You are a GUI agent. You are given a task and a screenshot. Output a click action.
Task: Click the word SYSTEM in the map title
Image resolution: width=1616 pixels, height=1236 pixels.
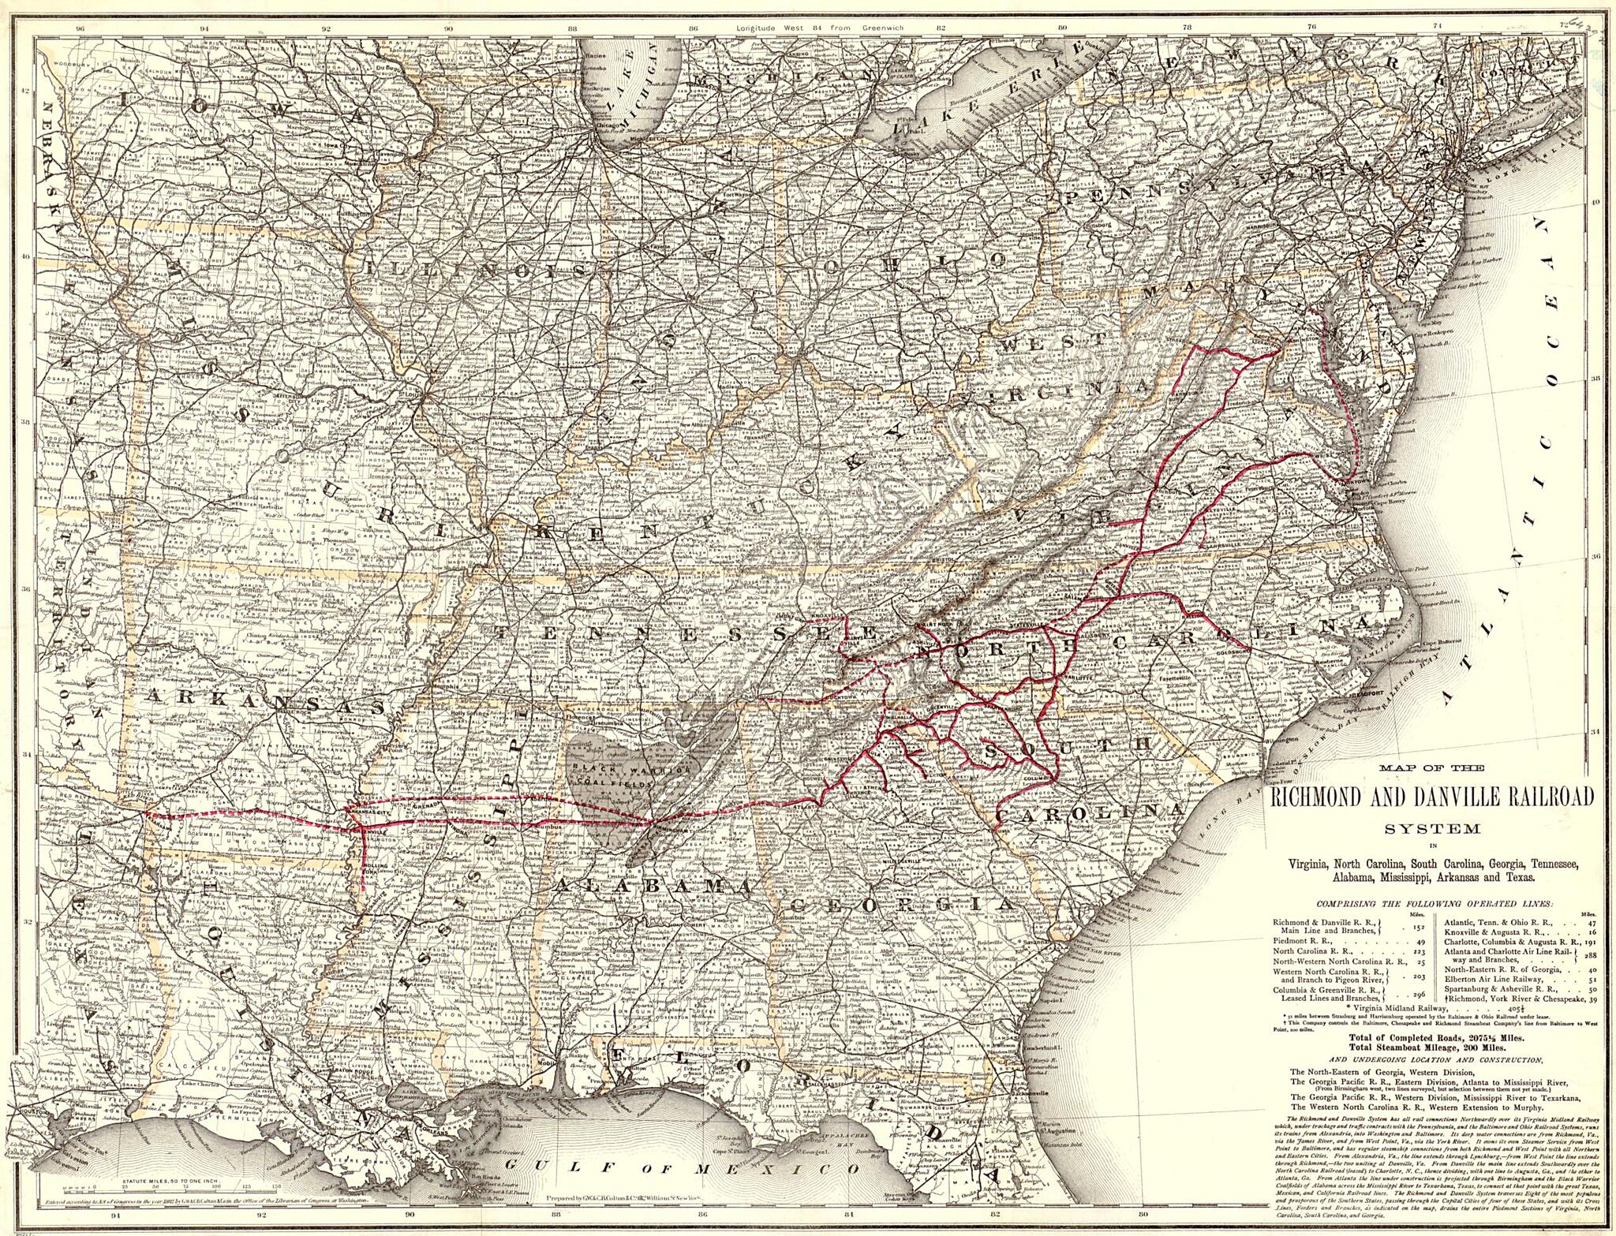tap(1433, 828)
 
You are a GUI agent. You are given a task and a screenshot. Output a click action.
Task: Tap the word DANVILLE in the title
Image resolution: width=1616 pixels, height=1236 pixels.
tap(1443, 797)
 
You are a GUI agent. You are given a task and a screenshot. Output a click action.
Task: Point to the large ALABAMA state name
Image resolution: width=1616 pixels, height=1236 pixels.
tap(653, 887)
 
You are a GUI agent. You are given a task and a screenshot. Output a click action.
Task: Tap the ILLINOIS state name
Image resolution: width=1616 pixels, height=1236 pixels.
tap(477, 271)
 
